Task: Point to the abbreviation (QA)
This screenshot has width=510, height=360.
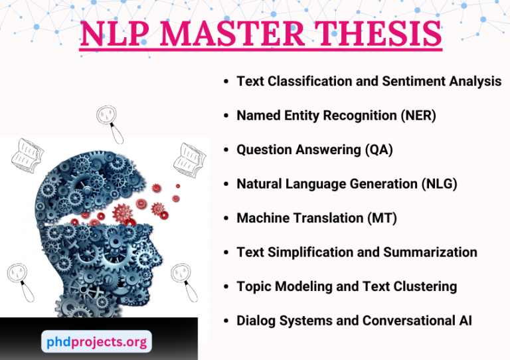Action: click(379, 150)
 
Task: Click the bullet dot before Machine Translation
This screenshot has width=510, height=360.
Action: click(226, 219)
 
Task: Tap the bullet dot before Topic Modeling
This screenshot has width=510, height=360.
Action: click(226, 287)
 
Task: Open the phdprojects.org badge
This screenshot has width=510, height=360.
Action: click(96, 341)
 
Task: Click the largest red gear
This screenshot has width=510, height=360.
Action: click(124, 213)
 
